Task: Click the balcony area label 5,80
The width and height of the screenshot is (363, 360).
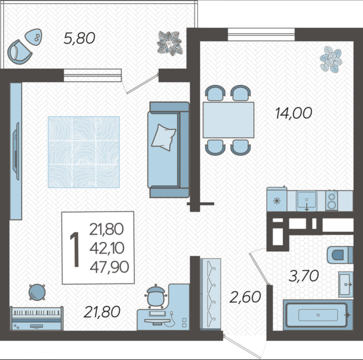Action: click(x=79, y=38)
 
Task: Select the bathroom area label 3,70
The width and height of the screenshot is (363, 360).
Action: click(x=304, y=276)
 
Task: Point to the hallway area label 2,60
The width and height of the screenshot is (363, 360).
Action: click(x=245, y=297)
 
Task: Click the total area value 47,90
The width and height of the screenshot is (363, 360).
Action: click(x=109, y=267)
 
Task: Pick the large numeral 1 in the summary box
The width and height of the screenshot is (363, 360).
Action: click(x=75, y=249)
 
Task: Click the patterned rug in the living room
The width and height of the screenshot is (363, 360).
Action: click(x=83, y=152)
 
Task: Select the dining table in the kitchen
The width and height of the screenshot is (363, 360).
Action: click(x=228, y=120)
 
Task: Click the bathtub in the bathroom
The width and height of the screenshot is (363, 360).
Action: click(x=318, y=315)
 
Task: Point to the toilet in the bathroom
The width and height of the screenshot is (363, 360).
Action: click(x=340, y=255)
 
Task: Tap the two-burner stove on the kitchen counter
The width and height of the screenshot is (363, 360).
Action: click(x=332, y=201)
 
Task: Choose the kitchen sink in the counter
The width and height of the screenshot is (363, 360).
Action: click(x=306, y=201)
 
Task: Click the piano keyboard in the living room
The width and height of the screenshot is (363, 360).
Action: click(x=36, y=318)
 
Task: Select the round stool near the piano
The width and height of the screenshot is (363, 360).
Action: click(x=37, y=292)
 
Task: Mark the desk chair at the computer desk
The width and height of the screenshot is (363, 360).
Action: click(x=156, y=297)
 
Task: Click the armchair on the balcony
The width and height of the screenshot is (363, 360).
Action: click(x=19, y=52)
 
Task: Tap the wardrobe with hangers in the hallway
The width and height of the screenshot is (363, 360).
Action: click(x=211, y=294)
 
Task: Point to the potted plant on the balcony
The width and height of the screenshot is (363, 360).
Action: click(x=170, y=43)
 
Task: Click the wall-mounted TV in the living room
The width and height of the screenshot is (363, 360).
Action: click(x=16, y=151)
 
